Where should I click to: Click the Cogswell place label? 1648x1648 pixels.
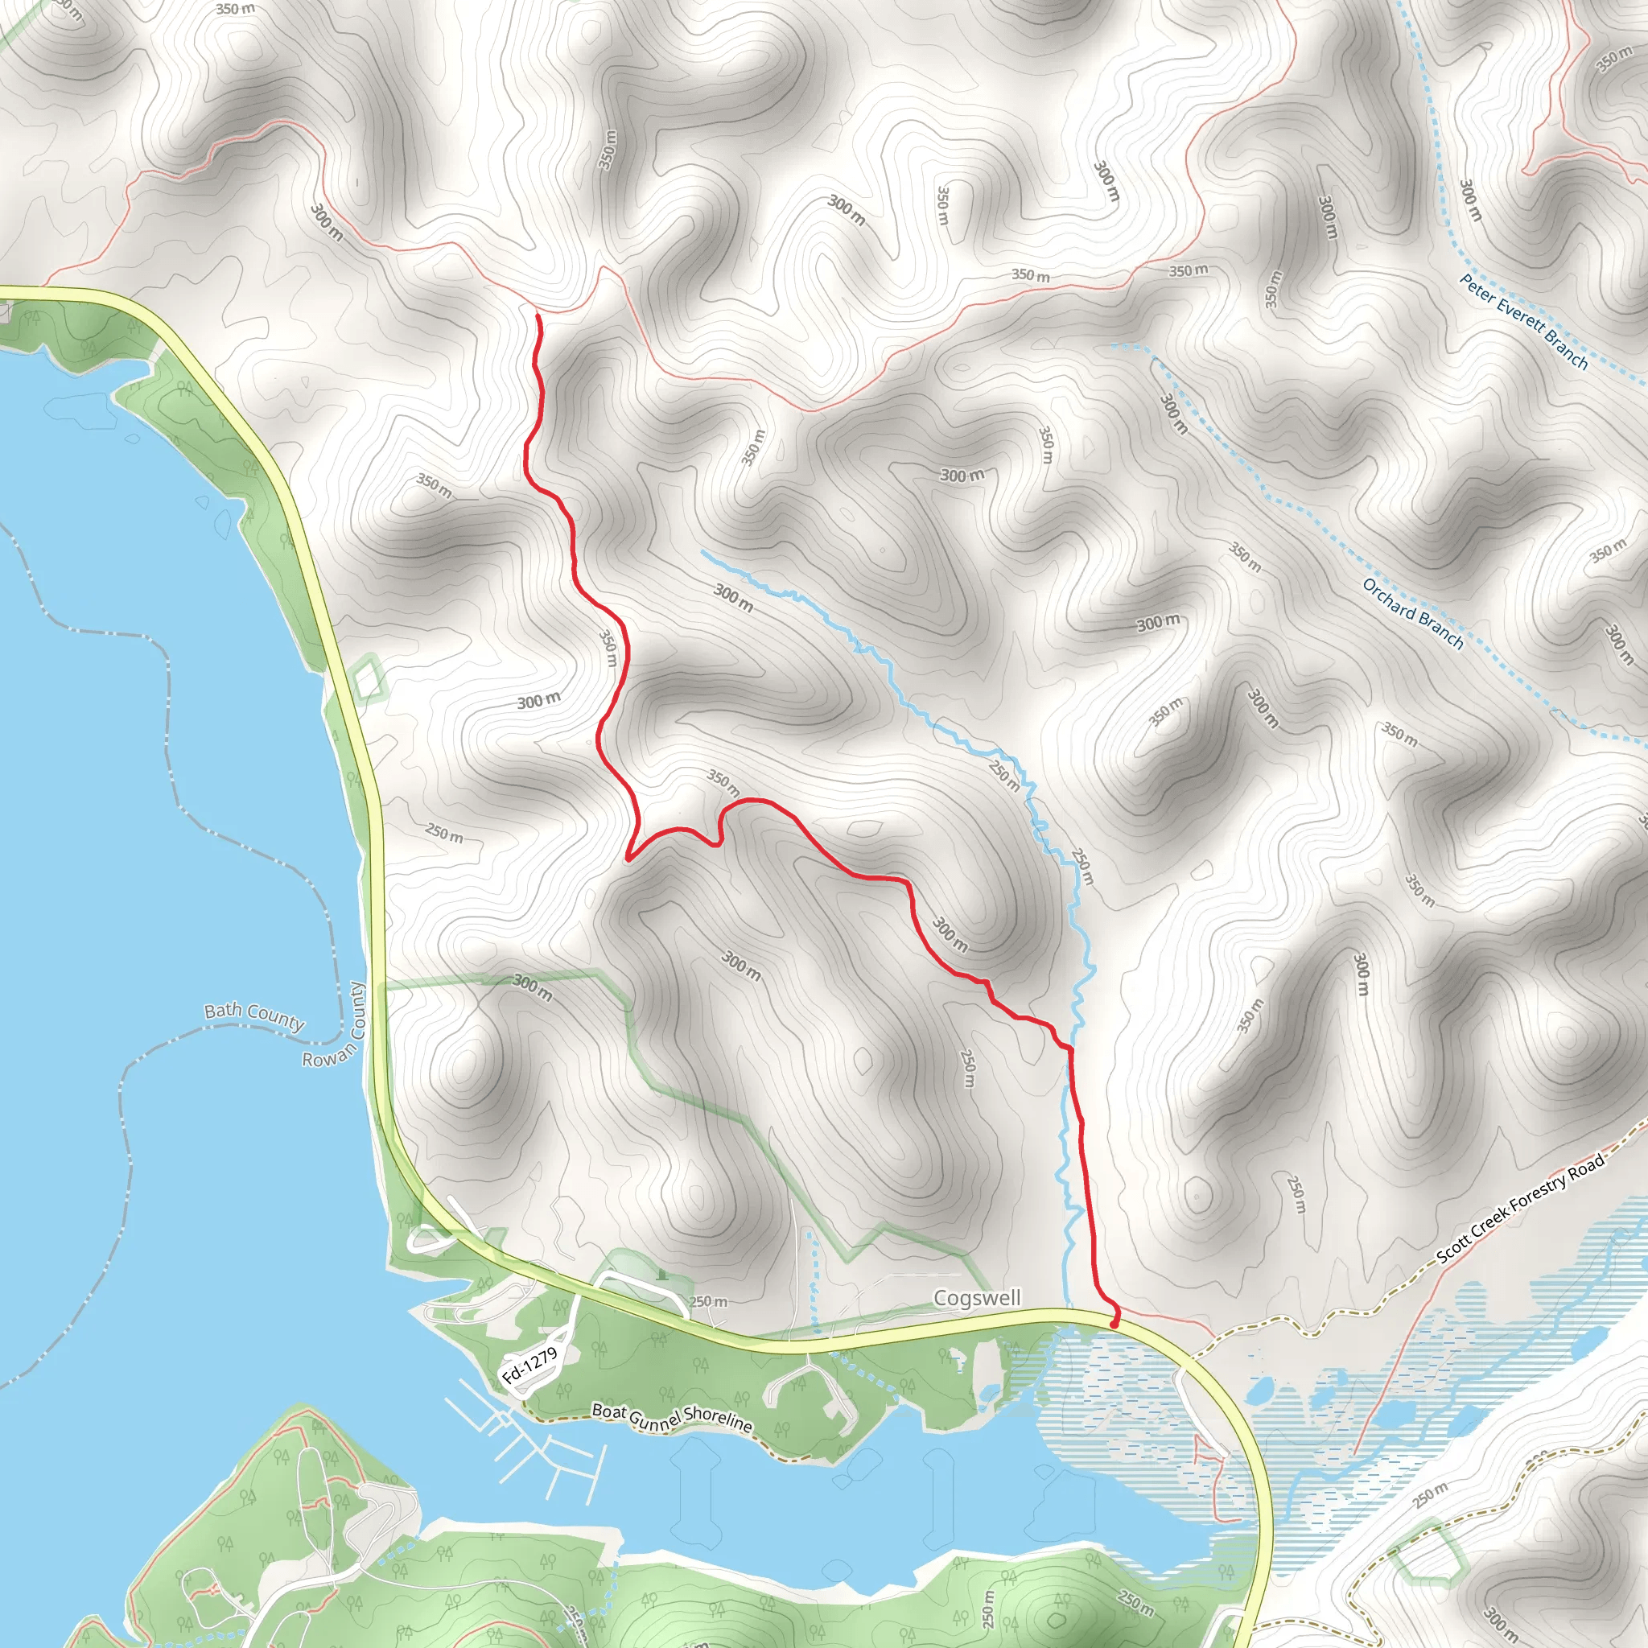tap(977, 1297)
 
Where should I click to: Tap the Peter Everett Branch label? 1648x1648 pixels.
tap(1523, 322)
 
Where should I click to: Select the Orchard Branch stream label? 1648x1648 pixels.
tap(1412, 614)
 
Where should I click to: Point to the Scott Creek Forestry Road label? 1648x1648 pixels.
tap(1520, 1208)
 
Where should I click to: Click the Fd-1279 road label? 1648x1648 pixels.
tap(529, 1365)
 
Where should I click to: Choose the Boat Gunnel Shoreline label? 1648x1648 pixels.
tap(672, 1418)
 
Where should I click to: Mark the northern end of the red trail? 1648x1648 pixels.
tap(538, 316)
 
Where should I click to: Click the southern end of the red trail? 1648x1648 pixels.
tap(1114, 1326)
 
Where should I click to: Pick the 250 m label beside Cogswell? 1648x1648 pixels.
tap(709, 1302)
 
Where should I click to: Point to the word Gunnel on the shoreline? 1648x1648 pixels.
tap(657, 1417)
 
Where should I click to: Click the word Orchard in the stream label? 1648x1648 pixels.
tap(1390, 600)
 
